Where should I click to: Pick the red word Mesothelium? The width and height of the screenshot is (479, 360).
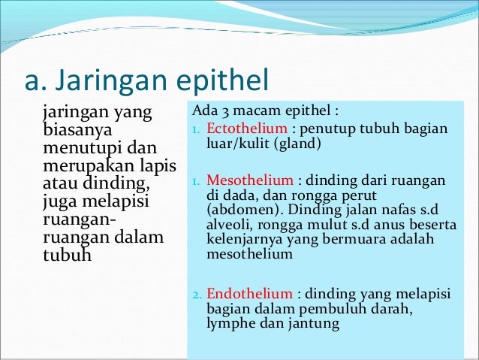(245, 181)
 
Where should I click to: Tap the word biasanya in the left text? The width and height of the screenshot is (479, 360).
(74, 131)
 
